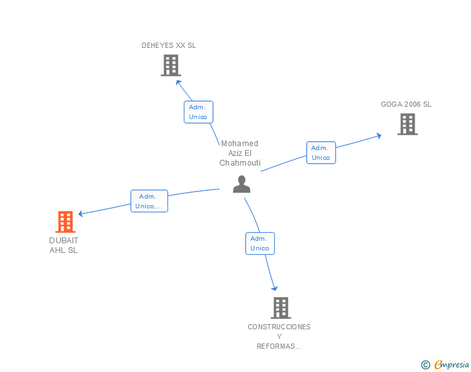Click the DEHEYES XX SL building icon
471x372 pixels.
(x=171, y=65)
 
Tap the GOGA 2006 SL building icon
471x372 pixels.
(x=408, y=124)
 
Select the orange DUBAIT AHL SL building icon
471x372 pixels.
(x=65, y=222)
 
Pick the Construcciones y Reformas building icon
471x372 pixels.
(x=281, y=308)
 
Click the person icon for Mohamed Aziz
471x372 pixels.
(x=241, y=184)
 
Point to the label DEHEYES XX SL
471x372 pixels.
(x=169, y=45)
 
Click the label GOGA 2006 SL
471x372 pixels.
(x=406, y=104)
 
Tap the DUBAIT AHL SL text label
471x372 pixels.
(x=63, y=245)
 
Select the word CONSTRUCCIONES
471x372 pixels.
(x=279, y=327)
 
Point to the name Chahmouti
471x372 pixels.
(x=240, y=163)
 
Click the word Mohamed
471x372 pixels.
(x=239, y=144)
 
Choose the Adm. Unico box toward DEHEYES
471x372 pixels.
(x=199, y=112)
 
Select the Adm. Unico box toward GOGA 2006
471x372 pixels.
(x=321, y=153)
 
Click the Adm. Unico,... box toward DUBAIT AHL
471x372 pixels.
(x=149, y=201)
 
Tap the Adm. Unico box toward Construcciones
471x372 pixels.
(x=260, y=243)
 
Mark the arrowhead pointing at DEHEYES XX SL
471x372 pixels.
(x=178, y=83)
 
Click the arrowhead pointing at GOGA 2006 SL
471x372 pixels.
(x=378, y=136)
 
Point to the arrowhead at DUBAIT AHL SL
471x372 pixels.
(x=81, y=213)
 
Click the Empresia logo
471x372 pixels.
(x=445, y=365)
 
